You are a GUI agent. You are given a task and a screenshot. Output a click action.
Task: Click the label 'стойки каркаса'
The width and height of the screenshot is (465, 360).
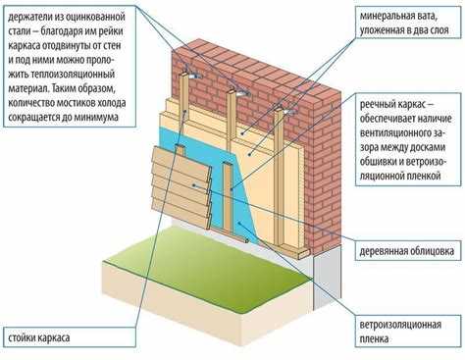coord(39,337)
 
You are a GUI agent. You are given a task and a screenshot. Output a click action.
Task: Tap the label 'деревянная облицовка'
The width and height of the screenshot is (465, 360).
coord(407,251)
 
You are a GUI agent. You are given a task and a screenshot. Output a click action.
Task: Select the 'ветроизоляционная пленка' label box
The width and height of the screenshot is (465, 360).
coord(408,332)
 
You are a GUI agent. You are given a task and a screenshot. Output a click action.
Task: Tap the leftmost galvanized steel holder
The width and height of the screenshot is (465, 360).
coord(193,75)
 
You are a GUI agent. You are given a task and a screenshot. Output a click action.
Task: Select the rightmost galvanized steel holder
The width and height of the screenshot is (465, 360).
coord(288,111)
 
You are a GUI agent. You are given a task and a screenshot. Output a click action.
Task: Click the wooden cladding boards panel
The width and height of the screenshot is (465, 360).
coord(181,186)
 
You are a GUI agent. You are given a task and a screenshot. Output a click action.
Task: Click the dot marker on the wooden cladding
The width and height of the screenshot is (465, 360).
coord(194,185)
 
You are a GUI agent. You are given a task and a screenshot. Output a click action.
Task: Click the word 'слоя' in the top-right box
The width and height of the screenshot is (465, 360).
coord(438,30)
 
